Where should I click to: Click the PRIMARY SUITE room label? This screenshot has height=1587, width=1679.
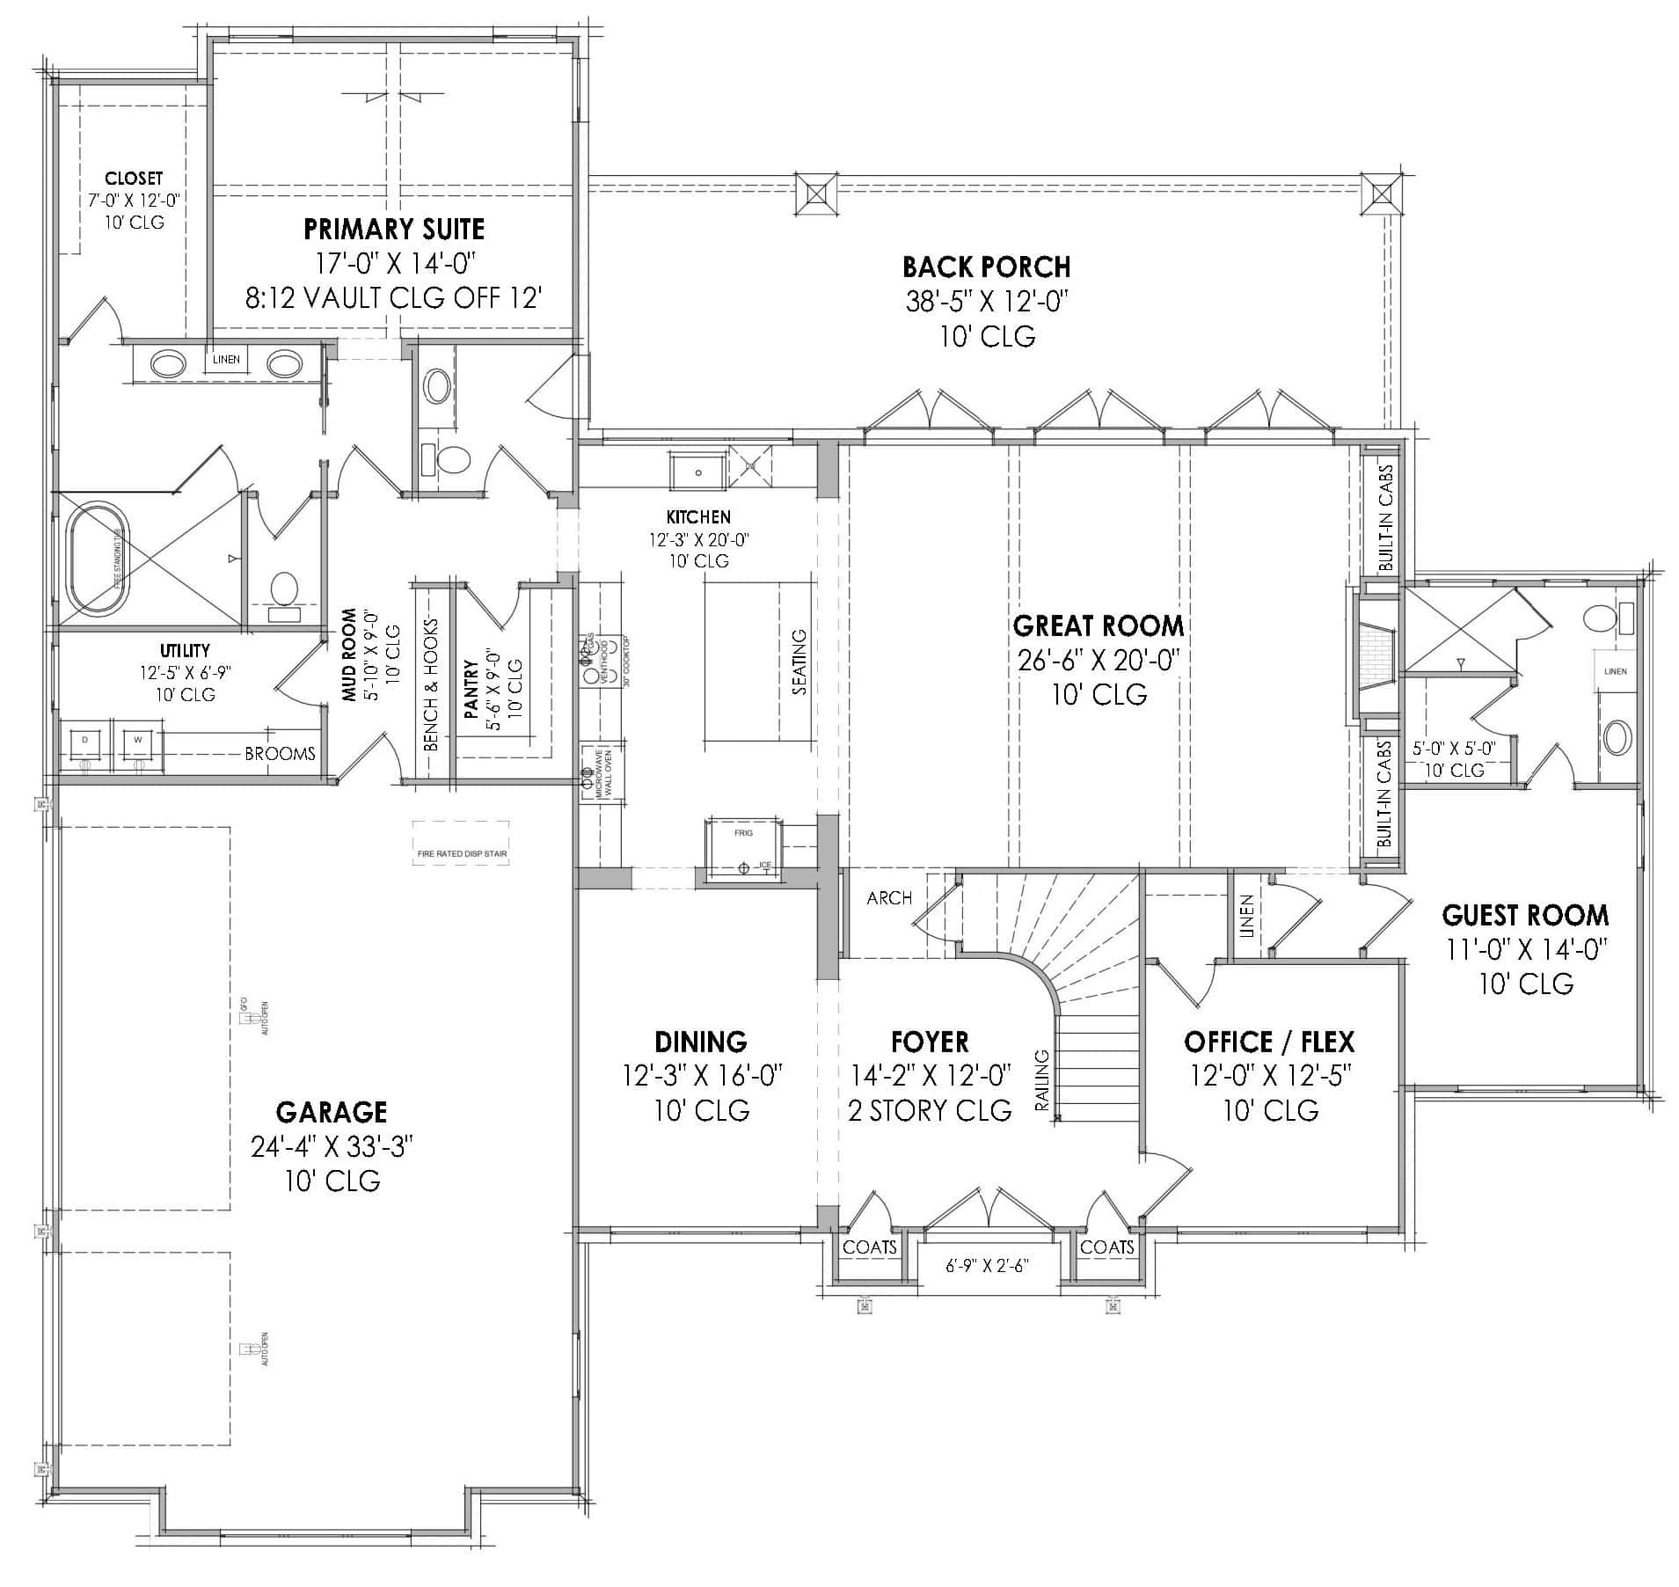coord(393,230)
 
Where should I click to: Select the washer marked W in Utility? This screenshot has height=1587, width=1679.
coord(138,742)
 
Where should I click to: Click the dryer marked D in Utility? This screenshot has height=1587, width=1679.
coord(85,742)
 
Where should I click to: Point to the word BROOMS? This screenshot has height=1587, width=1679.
coord(280,754)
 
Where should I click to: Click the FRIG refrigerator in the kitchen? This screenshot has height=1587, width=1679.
coord(743,848)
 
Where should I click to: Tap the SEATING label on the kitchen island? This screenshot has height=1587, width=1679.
coord(799,662)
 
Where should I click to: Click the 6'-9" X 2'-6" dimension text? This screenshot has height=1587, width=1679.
coord(987,1266)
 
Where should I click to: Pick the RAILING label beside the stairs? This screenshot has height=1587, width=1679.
coord(1042,1080)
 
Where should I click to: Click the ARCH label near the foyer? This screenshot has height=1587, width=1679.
coord(889,898)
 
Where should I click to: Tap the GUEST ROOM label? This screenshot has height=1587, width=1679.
coord(1524,916)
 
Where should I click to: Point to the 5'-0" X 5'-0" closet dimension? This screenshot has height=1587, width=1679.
coord(1453,749)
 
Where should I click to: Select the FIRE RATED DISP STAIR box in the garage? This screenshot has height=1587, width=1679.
coord(461,843)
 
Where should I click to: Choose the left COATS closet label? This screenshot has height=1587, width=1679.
coord(869,1247)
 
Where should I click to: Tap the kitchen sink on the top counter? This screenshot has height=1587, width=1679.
coord(698,472)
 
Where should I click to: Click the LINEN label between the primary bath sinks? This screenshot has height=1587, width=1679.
coord(227,359)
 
